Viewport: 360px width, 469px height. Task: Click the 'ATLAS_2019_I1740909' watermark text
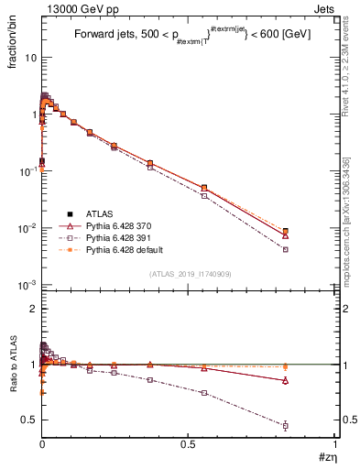[x=189, y=274]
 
